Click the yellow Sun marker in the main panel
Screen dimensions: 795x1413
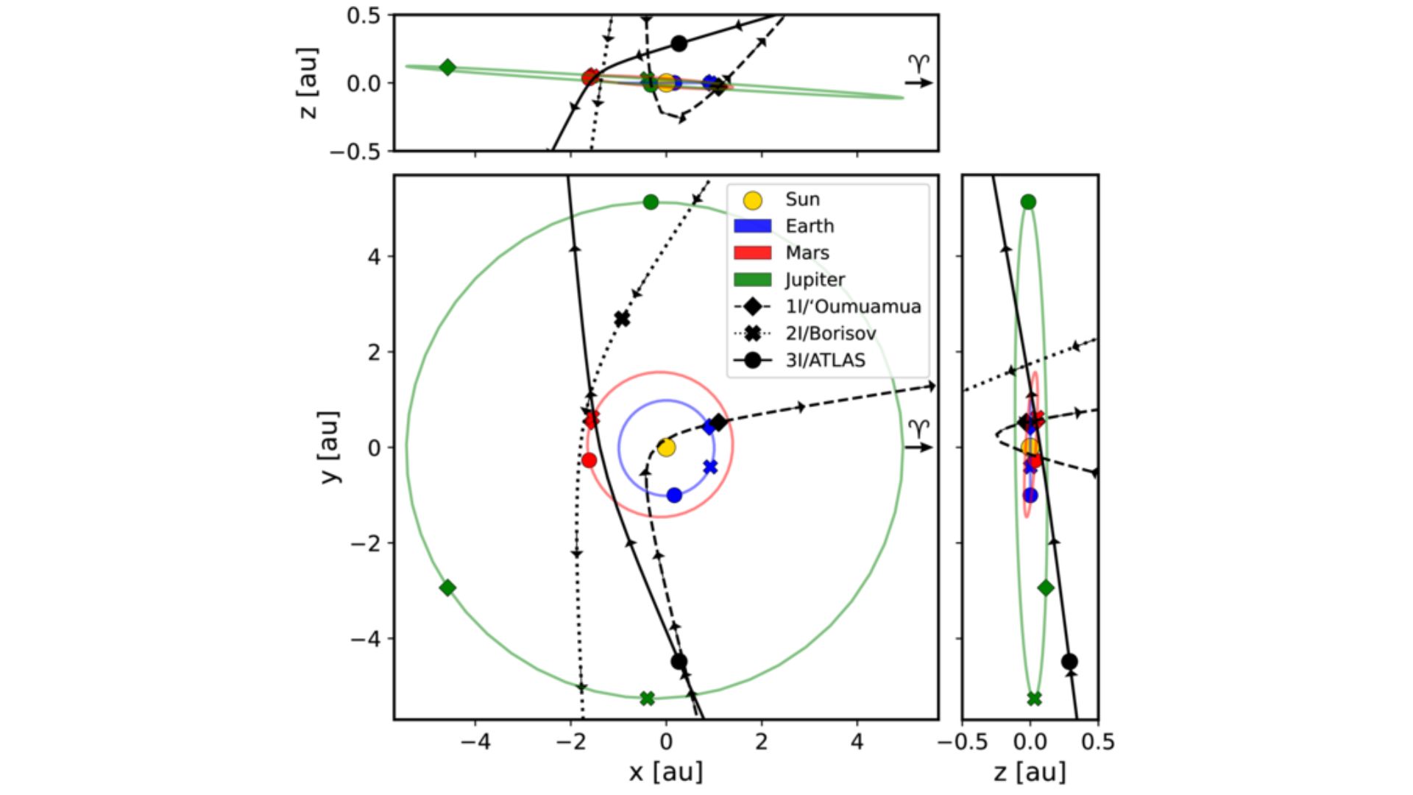pyautogui.click(x=666, y=448)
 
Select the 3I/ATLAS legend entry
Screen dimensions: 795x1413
pyautogui.click(x=825, y=361)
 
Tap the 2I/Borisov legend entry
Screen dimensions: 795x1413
pyautogui.click(x=830, y=333)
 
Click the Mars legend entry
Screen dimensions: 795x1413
pyautogui.click(x=807, y=252)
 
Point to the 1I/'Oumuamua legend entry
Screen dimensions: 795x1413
pyautogui.click(x=852, y=306)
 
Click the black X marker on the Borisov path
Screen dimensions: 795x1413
pyautogui.click(x=623, y=319)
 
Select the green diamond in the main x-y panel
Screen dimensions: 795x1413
pyautogui.click(x=447, y=587)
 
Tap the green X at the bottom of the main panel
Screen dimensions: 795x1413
pyautogui.click(x=647, y=698)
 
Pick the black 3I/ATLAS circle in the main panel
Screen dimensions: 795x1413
pyautogui.click(x=679, y=662)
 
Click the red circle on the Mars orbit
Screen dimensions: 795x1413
pyautogui.click(x=589, y=460)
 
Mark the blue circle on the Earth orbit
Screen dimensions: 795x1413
pyautogui.click(x=674, y=495)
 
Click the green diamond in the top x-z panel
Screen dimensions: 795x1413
pyautogui.click(x=447, y=68)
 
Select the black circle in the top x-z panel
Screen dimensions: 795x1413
pyautogui.click(x=679, y=43)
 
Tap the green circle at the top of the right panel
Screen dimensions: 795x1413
pyautogui.click(x=1028, y=202)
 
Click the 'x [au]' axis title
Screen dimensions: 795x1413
pyautogui.click(x=666, y=771)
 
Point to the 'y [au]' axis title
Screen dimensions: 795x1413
pyautogui.click(x=331, y=447)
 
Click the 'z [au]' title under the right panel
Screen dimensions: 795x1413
pyautogui.click(x=1030, y=771)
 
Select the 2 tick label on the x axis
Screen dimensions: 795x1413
pyautogui.click(x=761, y=741)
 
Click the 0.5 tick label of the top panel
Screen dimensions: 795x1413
pyautogui.click(x=364, y=15)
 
